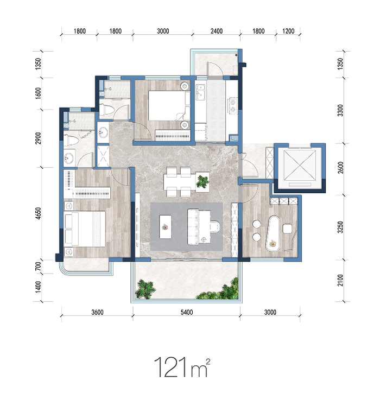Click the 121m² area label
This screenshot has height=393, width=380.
click(182, 367)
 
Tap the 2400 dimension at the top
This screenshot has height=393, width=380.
click(217, 31)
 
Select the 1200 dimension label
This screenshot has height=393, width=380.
click(288, 31)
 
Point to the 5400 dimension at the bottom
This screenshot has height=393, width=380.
click(187, 312)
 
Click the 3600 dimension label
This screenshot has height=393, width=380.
click(98, 312)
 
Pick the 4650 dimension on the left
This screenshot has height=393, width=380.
click(38, 213)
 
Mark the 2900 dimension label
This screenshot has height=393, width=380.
click(38, 138)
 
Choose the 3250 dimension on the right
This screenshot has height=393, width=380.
click(340, 227)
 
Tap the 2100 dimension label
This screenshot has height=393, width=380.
click(340, 281)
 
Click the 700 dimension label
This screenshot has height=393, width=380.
click(38, 267)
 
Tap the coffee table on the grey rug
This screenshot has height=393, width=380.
click(166, 226)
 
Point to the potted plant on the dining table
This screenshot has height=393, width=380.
click(202, 181)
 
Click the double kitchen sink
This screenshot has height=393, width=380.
click(200, 92)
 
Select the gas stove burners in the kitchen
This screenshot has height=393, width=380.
click(233, 105)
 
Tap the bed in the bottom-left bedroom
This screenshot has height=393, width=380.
click(85, 229)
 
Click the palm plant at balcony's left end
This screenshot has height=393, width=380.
click(145, 289)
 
